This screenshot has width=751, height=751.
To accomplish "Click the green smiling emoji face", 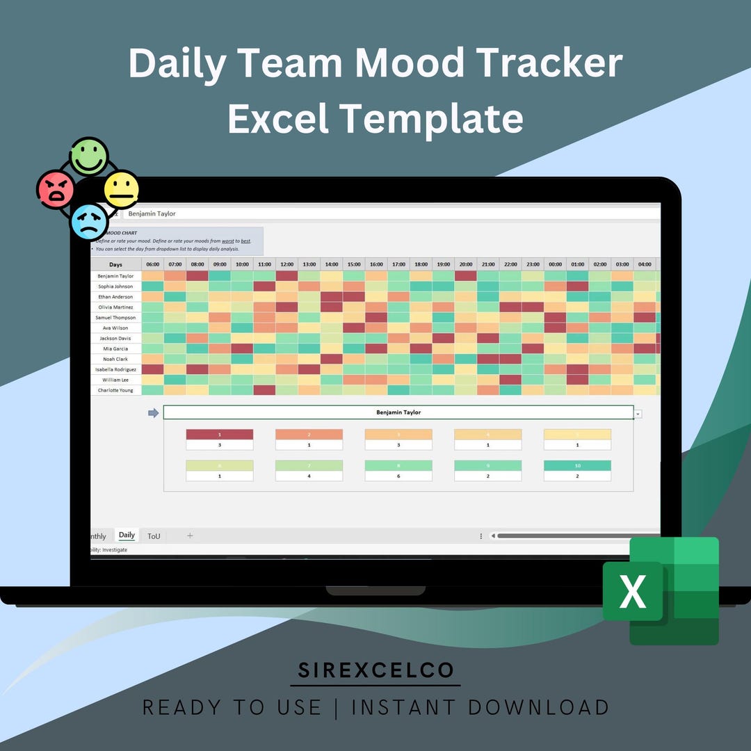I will (x=89, y=155).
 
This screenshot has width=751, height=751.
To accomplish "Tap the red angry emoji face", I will (x=56, y=189).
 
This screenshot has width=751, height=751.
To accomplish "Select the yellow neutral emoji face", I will (x=121, y=189).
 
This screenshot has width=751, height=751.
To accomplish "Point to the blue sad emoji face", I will (x=90, y=222).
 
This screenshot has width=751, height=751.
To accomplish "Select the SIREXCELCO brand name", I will (x=375, y=670).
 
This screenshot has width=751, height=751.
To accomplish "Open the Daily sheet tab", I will (x=127, y=535).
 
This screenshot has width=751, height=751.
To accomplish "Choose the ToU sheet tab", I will (x=154, y=536).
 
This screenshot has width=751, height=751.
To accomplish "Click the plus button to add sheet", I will (x=190, y=535).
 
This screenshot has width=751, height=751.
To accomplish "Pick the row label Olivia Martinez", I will (x=116, y=307).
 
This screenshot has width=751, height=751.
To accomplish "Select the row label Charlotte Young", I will (x=116, y=391).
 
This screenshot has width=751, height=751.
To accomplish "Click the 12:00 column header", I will (x=286, y=264).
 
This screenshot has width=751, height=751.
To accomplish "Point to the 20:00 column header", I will (x=466, y=264).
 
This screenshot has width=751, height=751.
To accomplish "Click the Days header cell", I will (x=116, y=264).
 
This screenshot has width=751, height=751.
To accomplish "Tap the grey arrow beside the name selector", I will (x=153, y=413).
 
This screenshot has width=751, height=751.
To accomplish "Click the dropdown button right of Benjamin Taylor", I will (x=638, y=414).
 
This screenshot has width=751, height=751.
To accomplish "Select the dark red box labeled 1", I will (x=220, y=435).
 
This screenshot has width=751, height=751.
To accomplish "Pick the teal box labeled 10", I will (x=577, y=466).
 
